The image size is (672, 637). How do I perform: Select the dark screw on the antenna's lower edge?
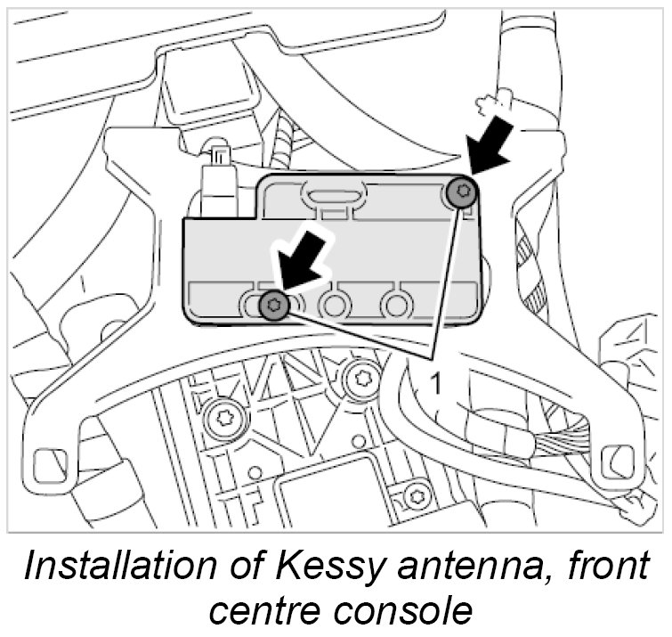pos(273,306)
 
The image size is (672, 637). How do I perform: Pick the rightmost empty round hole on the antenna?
pos(394,306)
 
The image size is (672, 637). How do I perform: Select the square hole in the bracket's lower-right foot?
pos(614,461)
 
